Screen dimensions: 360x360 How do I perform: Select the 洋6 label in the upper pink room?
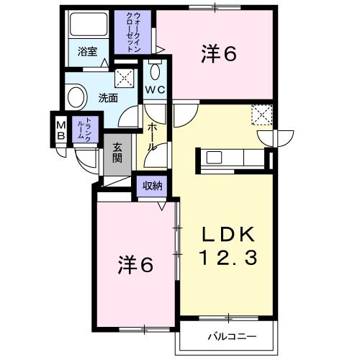click(x=219, y=54)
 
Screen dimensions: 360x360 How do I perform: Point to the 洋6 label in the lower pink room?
click(x=135, y=265)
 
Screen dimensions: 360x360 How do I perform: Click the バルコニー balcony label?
click(x=228, y=336)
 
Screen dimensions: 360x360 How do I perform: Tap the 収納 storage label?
click(x=151, y=186)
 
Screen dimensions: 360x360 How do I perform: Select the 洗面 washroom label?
click(x=109, y=99)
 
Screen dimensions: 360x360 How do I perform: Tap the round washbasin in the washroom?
click(x=75, y=96)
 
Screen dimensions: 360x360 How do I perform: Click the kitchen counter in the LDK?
click(x=232, y=157)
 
